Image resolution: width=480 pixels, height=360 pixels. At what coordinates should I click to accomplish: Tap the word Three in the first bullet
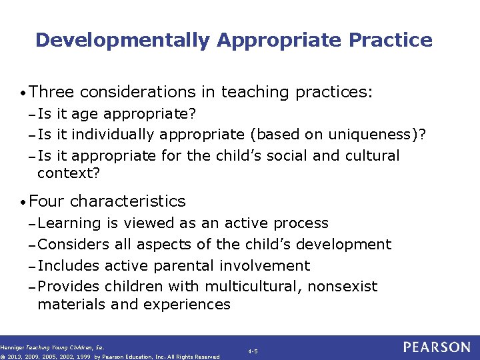53,92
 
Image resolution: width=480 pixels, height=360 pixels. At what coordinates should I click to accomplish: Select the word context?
69,173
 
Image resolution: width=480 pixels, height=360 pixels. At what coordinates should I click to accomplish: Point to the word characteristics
128,201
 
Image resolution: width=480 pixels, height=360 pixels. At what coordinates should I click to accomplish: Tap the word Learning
69,223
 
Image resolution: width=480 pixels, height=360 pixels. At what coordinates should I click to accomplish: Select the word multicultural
246,287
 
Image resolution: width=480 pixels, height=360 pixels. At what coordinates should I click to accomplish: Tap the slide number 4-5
253,351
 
